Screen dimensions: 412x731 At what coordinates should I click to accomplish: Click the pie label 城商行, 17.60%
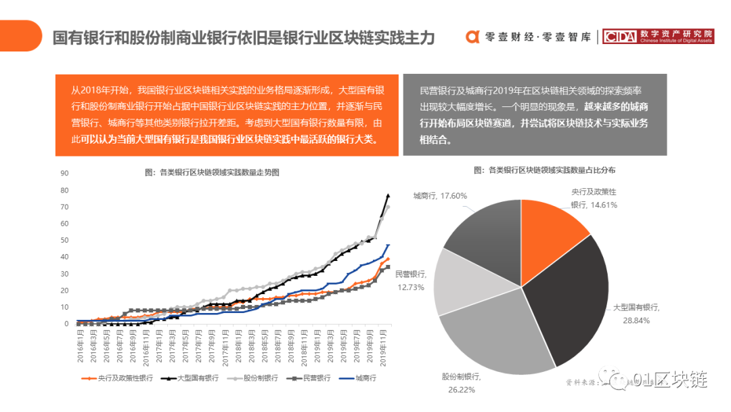coord(440,196)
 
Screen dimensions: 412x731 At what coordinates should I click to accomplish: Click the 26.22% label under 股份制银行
coord(461,389)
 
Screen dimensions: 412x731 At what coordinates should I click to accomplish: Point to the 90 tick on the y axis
coord(65,173)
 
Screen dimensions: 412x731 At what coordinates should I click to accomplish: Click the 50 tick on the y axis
coord(65,240)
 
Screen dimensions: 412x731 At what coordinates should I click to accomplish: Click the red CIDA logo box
coord(619,37)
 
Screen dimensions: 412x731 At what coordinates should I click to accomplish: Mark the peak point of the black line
coord(388,195)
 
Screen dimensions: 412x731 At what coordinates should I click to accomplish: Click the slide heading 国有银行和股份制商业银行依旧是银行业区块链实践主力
coord(244,37)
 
